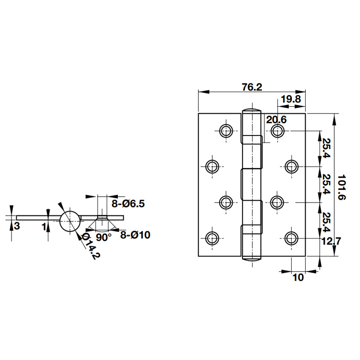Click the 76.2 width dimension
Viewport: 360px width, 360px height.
[x=252, y=87]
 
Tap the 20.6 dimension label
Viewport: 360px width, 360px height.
[x=276, y=120]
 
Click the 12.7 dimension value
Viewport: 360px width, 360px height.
[x=331, y=241]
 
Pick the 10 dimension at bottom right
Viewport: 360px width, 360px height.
[x=298, y=278]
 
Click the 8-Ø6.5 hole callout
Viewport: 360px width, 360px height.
[x=128, y=203]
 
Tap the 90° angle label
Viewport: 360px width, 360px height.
[x=103, y=238]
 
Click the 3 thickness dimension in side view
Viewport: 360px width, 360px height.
[x=17, y=226]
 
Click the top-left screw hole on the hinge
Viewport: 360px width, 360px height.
[x=226, y=131]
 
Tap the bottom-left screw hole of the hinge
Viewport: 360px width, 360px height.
[x=212, y=238]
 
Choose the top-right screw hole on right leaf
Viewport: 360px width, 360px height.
[x=277, y=131]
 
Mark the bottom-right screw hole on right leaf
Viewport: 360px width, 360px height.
[x=292, y=238]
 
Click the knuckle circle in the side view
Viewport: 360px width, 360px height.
[x=70, y=220]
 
